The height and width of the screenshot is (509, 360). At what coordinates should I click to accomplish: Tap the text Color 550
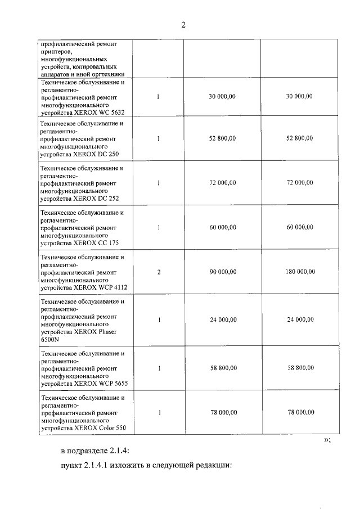click(x=111, y=428)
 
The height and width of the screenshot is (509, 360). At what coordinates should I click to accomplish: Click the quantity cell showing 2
click(x=159, y=272)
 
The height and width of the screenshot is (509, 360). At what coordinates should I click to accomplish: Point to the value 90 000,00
click(x=222, y=272)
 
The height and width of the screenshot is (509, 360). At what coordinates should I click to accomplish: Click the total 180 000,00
click(x=300, y=272)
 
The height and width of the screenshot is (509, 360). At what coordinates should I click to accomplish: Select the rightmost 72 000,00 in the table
click(x=300, y=183)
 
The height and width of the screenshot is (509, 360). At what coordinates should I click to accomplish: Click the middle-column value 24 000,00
click(x=222, y=320)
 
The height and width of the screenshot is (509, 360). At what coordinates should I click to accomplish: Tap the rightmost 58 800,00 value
click(x=300, y=368)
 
